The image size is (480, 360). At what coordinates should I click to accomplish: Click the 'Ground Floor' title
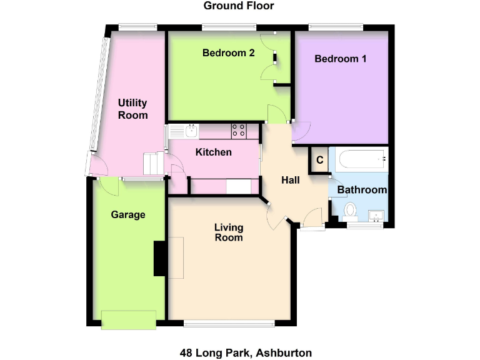click(x=239, y=6)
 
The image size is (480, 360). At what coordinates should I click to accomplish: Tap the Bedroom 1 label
click(x=340, y=59)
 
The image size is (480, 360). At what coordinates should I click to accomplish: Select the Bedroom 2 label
click(x=228, y=53)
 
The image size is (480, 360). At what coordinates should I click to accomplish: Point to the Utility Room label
click(x=133, y=109)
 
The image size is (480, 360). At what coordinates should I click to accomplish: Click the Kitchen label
click(x=214, y=152)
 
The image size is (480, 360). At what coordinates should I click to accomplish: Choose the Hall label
click(x=291, y=181)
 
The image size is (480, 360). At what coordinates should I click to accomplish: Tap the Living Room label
click(x=228, y=232)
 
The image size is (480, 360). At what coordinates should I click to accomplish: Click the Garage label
click(x=128, y=215)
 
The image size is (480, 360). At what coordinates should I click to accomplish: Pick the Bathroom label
click(x=362, y=189)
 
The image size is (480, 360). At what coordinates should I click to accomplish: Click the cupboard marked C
click(x=319, y=160)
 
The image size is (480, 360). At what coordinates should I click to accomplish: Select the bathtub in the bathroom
click(x=361, y=160)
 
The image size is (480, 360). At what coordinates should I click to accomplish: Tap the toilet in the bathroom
click(x=350, y=211)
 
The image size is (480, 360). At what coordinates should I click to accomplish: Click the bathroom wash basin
click(x=376, y=216)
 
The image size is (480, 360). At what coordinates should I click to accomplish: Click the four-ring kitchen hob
click(x=239, y=131)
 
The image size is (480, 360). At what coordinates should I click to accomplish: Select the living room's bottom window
click(x=229, y=323)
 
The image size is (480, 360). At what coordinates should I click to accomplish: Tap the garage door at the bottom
click(x=129, y=319)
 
